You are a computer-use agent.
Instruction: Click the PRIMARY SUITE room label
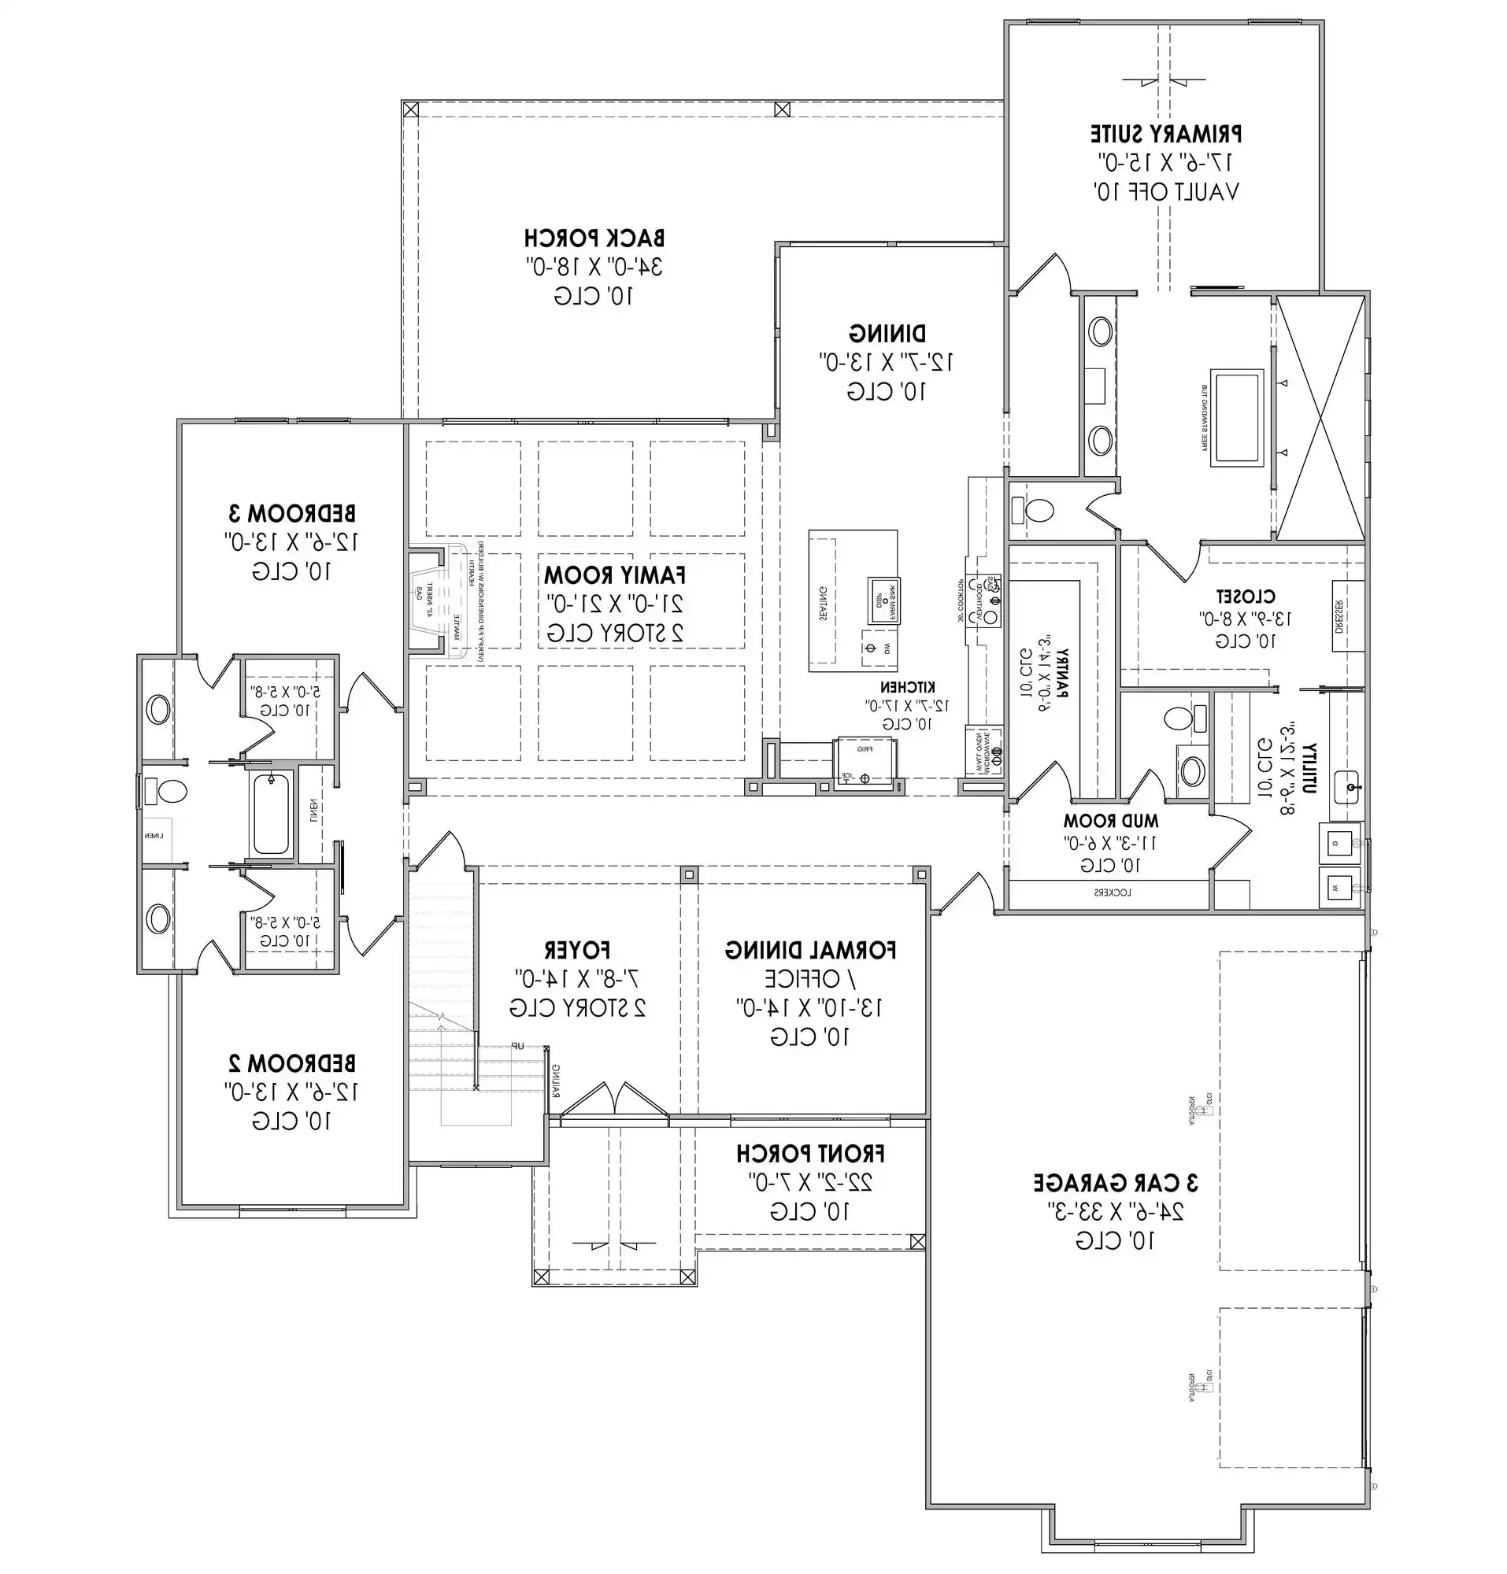(1165, 133)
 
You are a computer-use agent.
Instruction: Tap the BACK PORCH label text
(594, 238)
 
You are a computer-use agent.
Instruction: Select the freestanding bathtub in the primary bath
(1236, 418)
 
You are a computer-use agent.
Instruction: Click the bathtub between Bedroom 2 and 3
(271, 814)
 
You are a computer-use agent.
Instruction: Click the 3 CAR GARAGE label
(1115, 1183)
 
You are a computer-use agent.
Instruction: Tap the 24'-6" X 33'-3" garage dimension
(1115, 1212)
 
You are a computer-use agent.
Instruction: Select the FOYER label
(577, 950)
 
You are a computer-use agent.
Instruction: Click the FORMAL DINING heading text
(810, 950)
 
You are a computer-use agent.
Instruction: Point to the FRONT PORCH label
(810, 1154)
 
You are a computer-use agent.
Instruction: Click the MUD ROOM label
(1110, 821)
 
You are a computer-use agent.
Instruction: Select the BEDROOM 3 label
(291, 512)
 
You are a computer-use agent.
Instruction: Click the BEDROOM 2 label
(291, 1063)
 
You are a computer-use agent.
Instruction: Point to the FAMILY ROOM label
(614, 575)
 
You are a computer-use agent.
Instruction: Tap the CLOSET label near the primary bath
(1244, 597)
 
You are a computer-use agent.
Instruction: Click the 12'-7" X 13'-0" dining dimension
(886, 362)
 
